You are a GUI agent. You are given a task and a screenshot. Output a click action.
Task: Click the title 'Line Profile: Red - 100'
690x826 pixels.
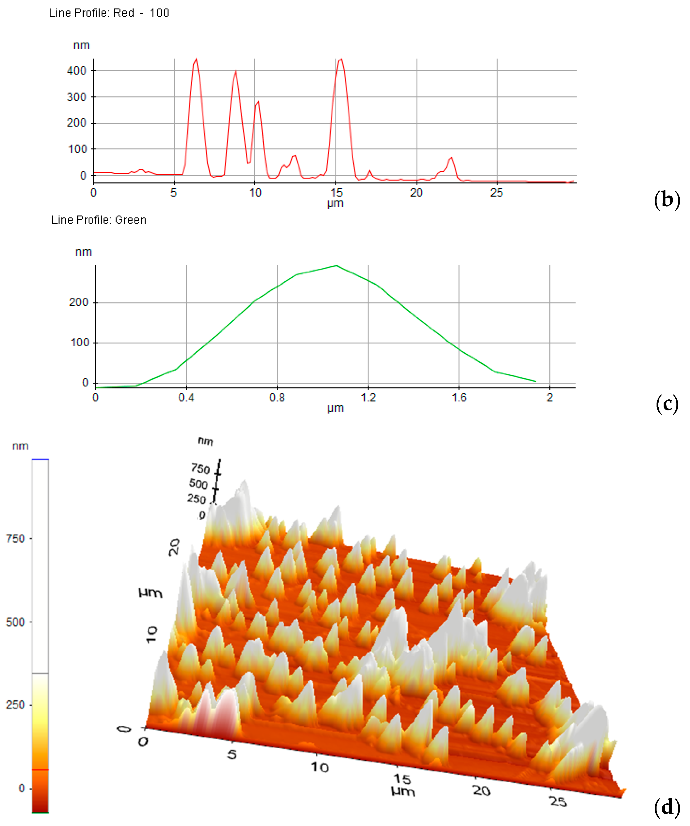[108, 13]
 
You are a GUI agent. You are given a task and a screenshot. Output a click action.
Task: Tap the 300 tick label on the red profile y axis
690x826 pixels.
[76, 97]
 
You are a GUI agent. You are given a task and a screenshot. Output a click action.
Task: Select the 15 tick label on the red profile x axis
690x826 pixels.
[336, 193]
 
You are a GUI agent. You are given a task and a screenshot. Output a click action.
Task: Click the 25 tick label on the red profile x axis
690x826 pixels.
[496, 193]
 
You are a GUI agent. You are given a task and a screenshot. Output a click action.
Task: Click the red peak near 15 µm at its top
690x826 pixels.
[341, 59]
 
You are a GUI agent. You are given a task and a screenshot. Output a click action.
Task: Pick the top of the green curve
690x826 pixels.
[336, 266]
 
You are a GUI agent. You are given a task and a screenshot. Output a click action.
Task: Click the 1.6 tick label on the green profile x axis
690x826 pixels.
[459, 398]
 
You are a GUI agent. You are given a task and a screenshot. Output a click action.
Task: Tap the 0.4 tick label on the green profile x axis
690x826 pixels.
[186, 398]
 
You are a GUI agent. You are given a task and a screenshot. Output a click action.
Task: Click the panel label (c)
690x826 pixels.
[667, 404]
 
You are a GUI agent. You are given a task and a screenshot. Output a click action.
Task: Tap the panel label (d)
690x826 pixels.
[667, 807]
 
